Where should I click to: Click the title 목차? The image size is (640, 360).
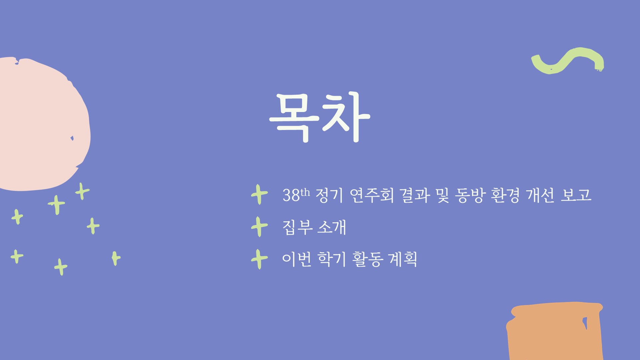pos(319,117)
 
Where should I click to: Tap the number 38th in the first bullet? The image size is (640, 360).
pos(296,195)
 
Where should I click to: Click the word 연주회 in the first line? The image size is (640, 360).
pos(372,195)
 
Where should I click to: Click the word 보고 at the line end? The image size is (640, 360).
pos(576,195)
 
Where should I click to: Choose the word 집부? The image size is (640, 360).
pos(298,228)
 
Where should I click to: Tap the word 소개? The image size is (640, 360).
pos(332,228)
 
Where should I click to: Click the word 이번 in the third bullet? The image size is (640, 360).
pos(297,259)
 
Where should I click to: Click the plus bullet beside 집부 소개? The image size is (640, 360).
pos(260,227)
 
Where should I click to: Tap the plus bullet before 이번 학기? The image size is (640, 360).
pos(260,259)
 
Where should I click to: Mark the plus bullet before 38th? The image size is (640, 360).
pos(260,194)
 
